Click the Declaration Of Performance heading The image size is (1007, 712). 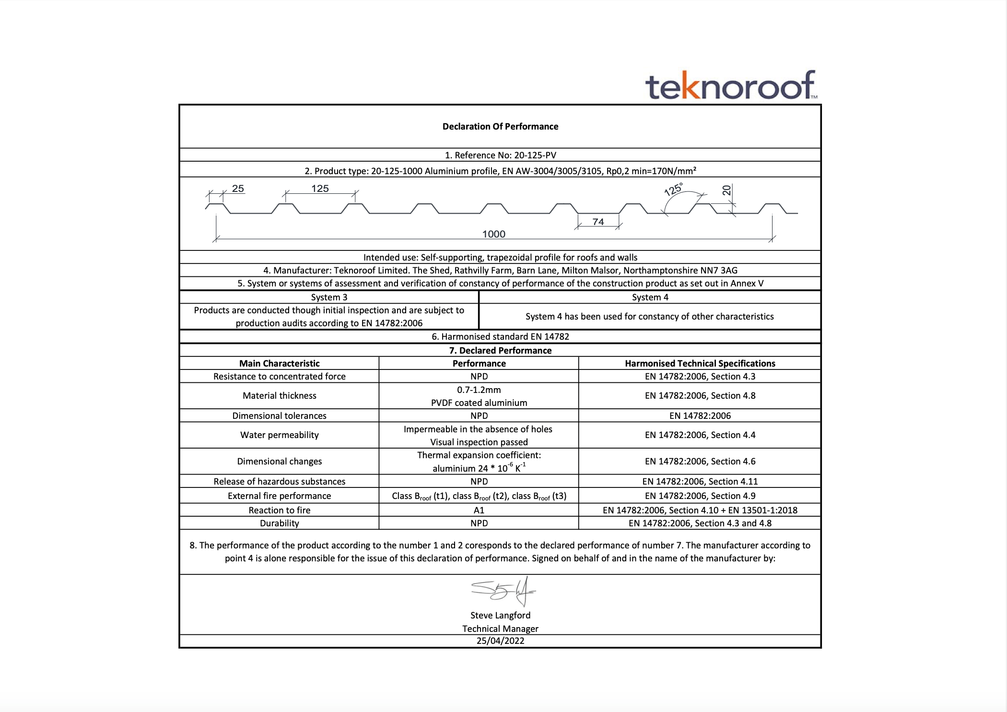(x=500, y=127)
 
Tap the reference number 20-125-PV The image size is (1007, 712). (x=535, y=155)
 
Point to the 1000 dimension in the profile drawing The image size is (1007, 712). (x=493, y=234)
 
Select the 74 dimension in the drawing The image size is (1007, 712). (x=598, y=222)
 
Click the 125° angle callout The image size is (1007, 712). (x=673, y=190)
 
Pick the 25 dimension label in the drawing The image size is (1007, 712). (x=238, y=189)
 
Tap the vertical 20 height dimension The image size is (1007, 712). (x=726, y=190)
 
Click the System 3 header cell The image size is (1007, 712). (x=329, y=297)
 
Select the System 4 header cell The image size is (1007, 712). (x=650, y=297)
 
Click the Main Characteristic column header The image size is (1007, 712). (x=279, y=364)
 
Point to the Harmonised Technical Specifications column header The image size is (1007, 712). (x=700, y=364)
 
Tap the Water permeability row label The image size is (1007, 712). (x=279, y=435)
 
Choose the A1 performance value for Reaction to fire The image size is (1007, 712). (x=479, y=510)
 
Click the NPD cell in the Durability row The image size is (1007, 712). (x=479, y=523)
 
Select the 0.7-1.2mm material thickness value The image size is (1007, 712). (x=479, y=390)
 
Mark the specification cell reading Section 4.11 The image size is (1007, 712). (x=700, y=482)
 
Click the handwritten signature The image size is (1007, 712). (x=503, y=591)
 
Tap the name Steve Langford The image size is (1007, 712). (x=500, y=616)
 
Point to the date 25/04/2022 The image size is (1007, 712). (x=500, y=641)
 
